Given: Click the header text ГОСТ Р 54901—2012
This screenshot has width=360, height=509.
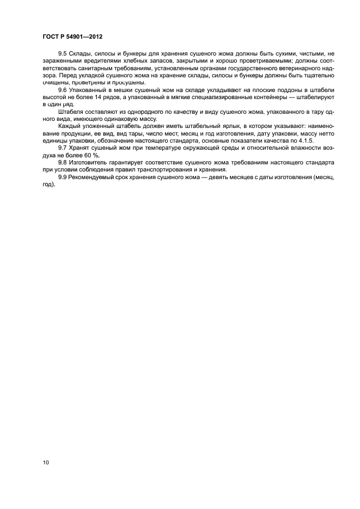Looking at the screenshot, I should click(72, 36).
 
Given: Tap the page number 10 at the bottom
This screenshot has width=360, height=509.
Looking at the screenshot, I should click(46, 463).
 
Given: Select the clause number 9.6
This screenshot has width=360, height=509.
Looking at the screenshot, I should click(62, 89).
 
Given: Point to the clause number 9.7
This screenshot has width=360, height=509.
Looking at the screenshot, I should click(62, 148).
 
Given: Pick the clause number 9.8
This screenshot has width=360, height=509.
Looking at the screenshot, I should click(62, 162).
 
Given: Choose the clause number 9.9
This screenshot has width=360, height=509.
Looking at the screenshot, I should click(62, 177).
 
